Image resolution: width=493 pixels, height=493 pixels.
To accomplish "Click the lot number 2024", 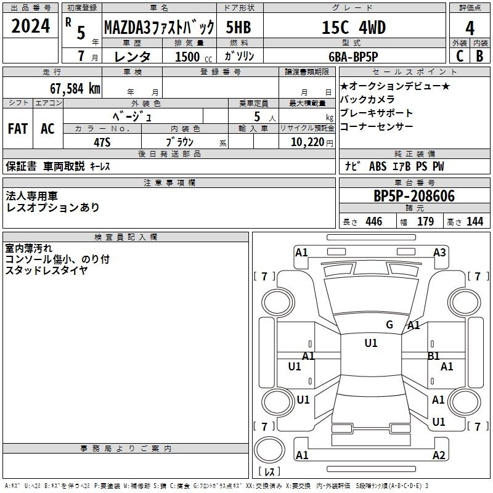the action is coord(30,26).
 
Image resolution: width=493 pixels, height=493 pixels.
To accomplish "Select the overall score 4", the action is coord(470,28).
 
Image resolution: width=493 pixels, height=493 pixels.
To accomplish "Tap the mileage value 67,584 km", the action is coord(75,89).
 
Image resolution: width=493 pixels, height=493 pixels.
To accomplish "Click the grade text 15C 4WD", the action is coord(354,27).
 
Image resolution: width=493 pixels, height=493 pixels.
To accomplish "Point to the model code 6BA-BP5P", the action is coord(353,57).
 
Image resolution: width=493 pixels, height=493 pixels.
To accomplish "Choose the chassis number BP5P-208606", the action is coord(414,196).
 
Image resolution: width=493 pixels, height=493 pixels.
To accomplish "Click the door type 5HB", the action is coord(238,27).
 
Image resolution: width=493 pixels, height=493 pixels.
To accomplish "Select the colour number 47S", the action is coord(102,142).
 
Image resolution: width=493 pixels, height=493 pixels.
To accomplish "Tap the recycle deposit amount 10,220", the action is coord(308,142).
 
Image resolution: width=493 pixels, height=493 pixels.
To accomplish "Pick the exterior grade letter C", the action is coord(460,56).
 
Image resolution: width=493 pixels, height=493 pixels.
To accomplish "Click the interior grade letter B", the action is coord(479,56).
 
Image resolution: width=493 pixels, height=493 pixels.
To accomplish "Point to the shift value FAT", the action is coord(18,129).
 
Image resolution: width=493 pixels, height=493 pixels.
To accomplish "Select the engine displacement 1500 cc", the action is coord(194,57).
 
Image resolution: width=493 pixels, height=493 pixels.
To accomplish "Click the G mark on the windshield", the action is coord(389,325).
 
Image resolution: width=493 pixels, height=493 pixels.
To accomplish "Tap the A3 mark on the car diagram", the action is coord(439,253).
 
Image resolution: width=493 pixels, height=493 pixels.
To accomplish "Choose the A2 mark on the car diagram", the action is coord(439,455).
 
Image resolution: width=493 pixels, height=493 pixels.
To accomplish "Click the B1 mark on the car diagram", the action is coord(434,356).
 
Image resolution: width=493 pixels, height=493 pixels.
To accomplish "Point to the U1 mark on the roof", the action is coord(371,343).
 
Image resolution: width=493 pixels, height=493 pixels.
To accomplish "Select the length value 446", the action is coord(374,222).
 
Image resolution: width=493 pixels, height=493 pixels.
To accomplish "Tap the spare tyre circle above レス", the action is coord(269,449).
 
